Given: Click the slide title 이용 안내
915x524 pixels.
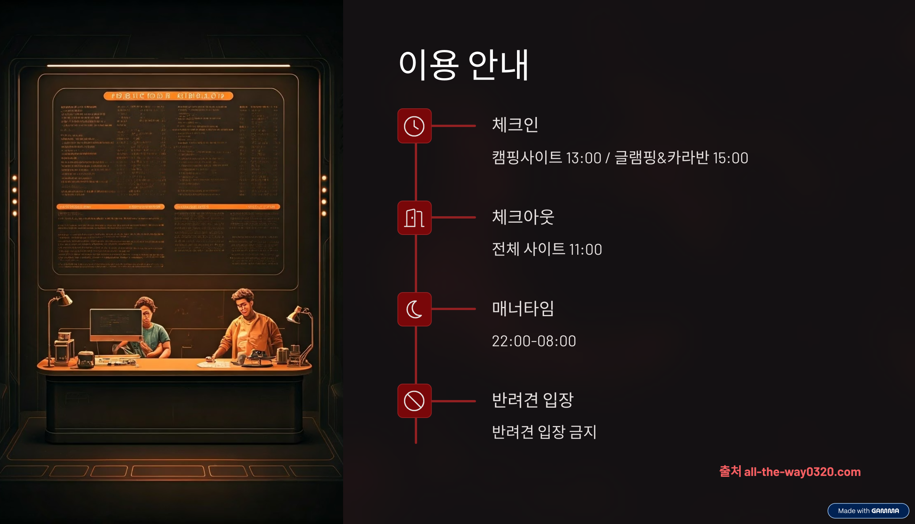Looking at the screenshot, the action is (x=464, y=65).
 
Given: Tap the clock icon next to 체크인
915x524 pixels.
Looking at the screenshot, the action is (x=414, y=126).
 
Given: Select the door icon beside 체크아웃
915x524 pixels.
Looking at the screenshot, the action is (x=414, y=218).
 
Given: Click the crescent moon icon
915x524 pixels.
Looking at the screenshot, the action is (x=414, y=309).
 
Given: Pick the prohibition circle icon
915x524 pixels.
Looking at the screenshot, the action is (x=414, y=401).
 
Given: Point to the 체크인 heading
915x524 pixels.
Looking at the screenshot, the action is (x=515, y=125).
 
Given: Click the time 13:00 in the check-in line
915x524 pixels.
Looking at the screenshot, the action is (x=583, y=158).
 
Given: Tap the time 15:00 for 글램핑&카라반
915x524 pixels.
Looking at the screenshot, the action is (x=730, y=158).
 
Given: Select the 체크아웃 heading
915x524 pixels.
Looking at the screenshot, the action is (x=523, y=217).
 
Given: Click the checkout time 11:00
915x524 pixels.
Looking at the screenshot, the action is (x=586, y=249).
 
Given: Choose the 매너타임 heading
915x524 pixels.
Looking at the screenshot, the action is (x=523, y=308).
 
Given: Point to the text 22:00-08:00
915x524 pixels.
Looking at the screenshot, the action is (x=534, y=341).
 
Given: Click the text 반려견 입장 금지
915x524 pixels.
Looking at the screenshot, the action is (x=544, y=432).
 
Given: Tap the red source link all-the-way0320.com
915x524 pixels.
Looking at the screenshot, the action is (x=802, y=472).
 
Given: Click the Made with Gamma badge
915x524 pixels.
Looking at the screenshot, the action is (x=868, y=511).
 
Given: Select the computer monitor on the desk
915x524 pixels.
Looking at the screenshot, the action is (x=116, y=324).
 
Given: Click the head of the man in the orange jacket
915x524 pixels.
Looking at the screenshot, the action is (x=244, y=301).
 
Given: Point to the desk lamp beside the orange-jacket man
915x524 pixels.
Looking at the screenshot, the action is (x=299, y=317).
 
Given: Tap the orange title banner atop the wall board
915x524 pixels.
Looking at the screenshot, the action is (x=168, y=96).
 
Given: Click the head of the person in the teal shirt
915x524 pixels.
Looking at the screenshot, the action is (x=146, y=308).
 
